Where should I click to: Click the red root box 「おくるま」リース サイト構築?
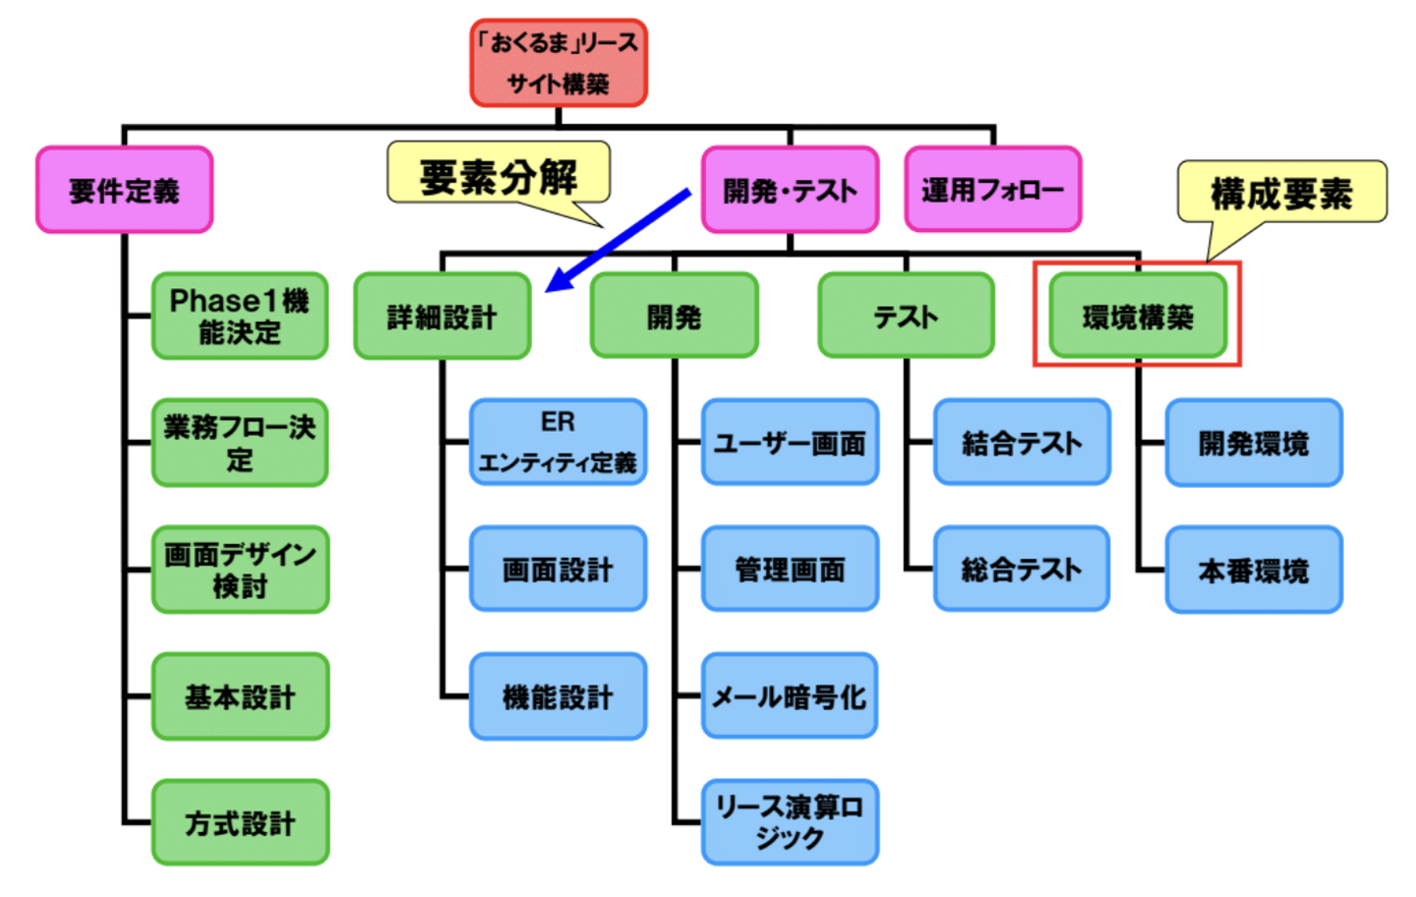point(559,63)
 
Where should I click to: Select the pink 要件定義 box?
point(125,190)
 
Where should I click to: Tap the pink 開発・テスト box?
point(790,190)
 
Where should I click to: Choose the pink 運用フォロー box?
point(992,189)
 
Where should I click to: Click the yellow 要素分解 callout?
point(499,175)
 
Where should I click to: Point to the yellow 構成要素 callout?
point(1281,193)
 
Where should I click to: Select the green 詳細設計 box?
point(442,317)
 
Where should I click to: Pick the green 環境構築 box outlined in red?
point(1138,316)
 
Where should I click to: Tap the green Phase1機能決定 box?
point(240,316)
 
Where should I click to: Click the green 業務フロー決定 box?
point(240,443)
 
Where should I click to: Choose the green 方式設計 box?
point(240,822)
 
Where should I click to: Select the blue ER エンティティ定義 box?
point(558,443)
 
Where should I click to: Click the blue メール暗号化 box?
point(790,696)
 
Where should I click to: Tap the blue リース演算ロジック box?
point(790,822)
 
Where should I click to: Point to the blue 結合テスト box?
point(1022,443)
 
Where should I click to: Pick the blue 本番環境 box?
point(1254,569)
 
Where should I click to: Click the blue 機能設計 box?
point(558,696)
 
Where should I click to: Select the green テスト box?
point(906,316)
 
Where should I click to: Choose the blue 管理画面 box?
point(790,569)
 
